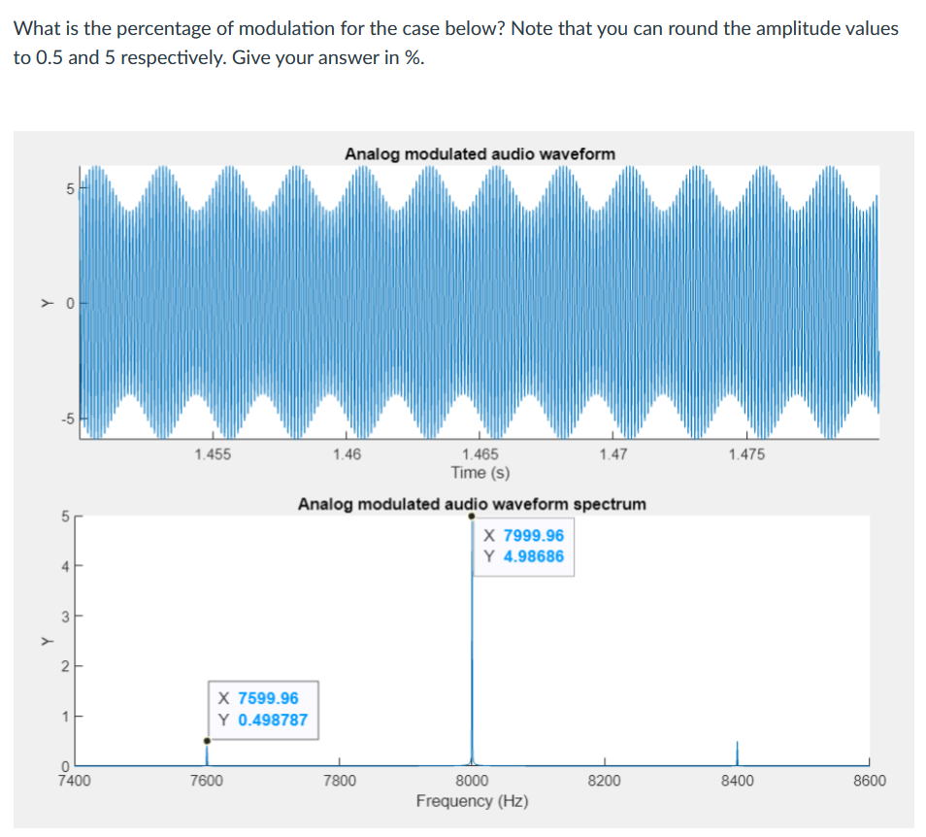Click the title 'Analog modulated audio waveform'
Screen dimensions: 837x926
pyautogui.click(x=480, y=153)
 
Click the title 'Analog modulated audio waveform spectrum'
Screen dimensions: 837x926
pyautogui.click(x=472, y=504)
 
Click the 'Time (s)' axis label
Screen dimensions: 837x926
pyautogui.click(x=480, y=473)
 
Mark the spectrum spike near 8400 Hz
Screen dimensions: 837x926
pyautogui.click(x=737, y=752)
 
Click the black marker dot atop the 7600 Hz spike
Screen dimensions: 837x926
pyautogui.click(x=206, y=741)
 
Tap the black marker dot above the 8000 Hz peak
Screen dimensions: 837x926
pyautogui.click(x=472, y=517)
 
